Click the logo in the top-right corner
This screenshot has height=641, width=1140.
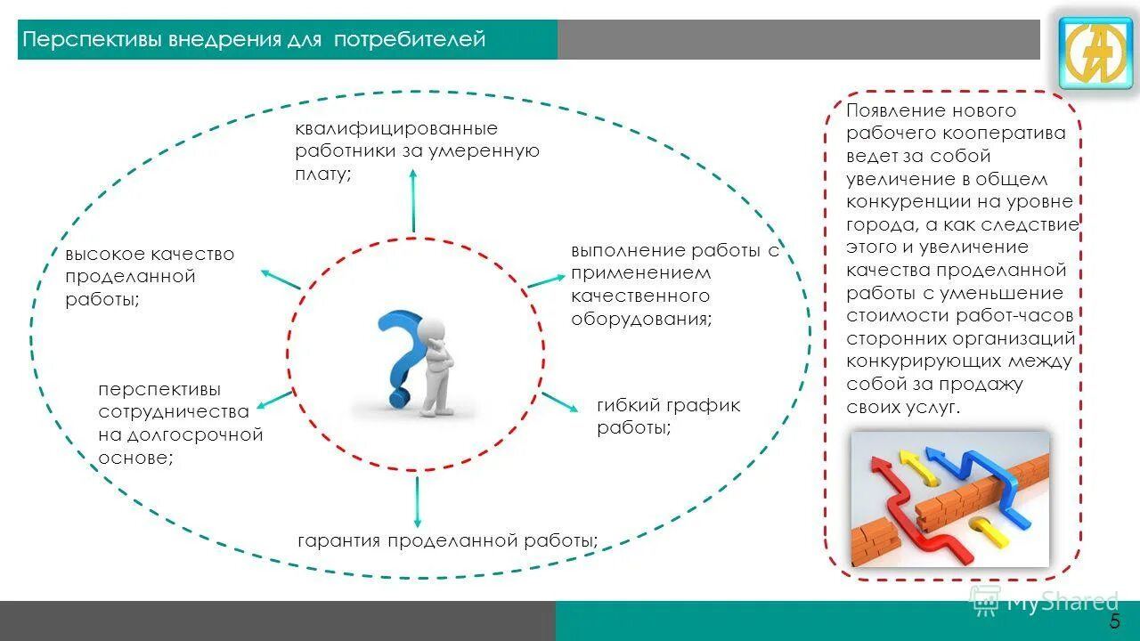pos(1095,53)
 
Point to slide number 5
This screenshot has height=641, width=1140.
pos(1114,621)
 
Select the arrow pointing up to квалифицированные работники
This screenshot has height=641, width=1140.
pos(412,199)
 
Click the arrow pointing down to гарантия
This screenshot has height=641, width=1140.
pos(416,502)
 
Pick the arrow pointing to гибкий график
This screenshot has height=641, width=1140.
pos(561,402)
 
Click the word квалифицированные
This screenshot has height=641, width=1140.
pos(396,129)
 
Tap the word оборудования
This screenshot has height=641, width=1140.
pos(640,319)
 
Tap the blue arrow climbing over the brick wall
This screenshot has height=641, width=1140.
pos(980,476)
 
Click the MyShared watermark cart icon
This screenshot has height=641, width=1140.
pos(985,601)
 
